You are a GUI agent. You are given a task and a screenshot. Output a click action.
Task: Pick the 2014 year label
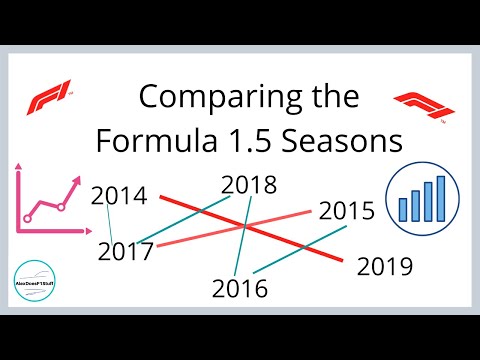[x=118, y=196]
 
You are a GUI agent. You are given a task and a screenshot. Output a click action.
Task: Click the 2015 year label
[x=347, y=211]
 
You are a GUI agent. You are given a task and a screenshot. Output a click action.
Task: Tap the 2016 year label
[x=240, y=289]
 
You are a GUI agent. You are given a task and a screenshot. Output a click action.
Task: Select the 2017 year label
[x=126, y=251]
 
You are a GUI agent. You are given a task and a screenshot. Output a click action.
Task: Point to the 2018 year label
[x=248, y=185]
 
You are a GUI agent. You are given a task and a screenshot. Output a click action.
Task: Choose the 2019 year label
[x=384, y=267]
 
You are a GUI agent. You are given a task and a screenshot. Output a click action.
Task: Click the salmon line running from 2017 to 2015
[x=230, y=228]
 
